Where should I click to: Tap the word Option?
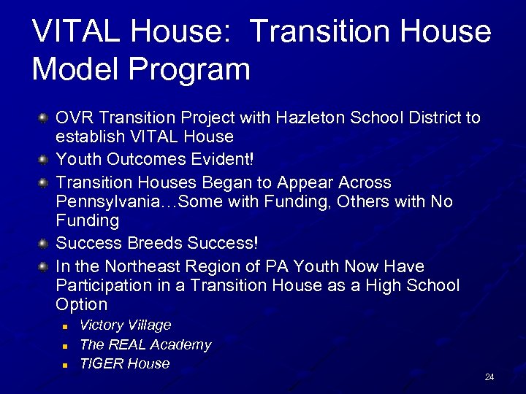tap(81, 304)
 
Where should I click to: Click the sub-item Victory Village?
tap(125, 325)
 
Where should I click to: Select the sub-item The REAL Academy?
tap(145, 344)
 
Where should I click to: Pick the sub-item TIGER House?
tap(124, 363)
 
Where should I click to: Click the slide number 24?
tap(489, 377)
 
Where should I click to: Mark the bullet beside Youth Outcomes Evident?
tap(44, 158)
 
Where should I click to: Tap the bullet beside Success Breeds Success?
tap(44, 242)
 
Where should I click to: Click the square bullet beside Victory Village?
tap(65, 326)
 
